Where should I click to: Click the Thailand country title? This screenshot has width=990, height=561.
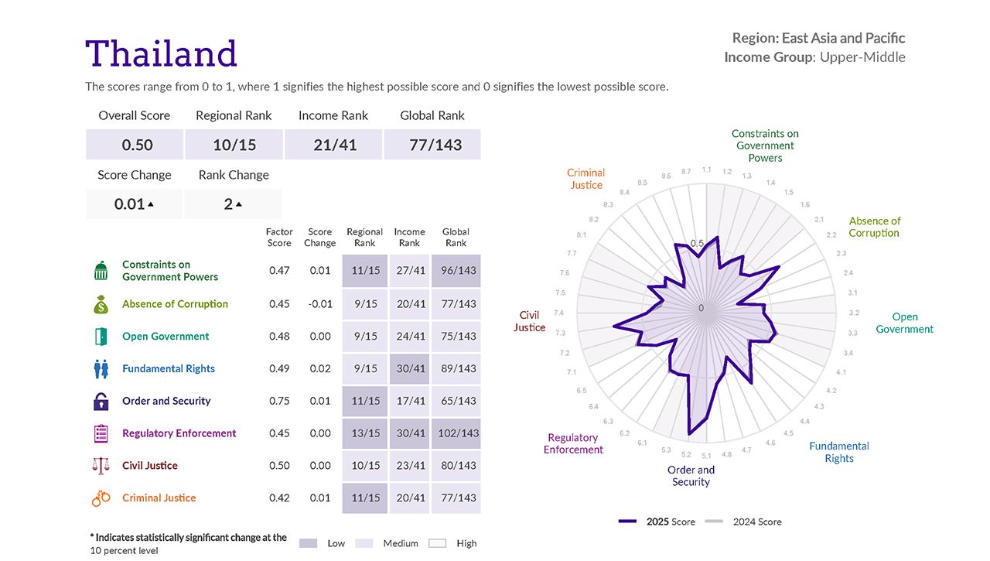(161, 54)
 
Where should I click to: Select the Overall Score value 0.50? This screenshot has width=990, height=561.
(137, 145)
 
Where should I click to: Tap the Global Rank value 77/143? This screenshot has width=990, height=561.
(435, 145)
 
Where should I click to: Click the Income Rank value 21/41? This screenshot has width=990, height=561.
(335, 145)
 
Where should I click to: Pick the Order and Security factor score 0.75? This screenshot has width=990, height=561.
(279, 401)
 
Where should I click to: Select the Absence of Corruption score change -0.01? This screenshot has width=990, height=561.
(319, 304)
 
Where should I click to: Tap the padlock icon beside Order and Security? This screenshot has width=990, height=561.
(101, 401)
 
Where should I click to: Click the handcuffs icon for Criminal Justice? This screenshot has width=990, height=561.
(101, 498)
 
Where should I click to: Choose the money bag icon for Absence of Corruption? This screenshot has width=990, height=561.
(101, 304)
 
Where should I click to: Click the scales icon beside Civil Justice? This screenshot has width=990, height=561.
(101, 466)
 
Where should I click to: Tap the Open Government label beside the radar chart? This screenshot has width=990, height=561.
(904, 323)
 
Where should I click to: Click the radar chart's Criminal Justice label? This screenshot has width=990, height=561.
(585, 179)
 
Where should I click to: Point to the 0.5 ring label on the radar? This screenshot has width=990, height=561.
(697, 244)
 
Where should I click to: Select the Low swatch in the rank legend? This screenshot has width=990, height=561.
(308, 543)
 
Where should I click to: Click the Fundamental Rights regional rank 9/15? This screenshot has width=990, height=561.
(365, 369)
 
